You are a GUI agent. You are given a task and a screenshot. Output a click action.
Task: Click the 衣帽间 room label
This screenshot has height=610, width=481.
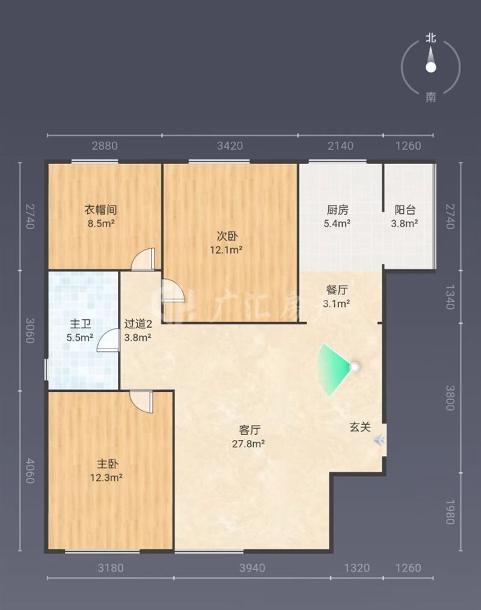[x=101, y=210]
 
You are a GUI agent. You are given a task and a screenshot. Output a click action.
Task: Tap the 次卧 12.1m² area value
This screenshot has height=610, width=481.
[x=226, y=250]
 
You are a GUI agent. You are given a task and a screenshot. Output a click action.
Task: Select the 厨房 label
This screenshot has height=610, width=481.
[x=337, y=210]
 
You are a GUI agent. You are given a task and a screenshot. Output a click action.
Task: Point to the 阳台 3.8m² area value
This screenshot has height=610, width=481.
[x=405, y=224]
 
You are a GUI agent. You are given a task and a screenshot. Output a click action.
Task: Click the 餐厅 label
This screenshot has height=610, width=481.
[x=337, y=290]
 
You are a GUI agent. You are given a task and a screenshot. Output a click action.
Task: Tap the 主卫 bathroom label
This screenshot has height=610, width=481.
[x=80, y=324]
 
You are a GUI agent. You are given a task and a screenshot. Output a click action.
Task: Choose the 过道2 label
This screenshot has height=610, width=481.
[x=138, y=324]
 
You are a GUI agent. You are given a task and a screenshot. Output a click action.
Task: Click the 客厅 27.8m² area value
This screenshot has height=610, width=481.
[x=249, y=444]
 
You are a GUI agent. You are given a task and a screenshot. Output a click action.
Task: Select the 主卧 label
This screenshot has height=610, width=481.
[x=107, y=464]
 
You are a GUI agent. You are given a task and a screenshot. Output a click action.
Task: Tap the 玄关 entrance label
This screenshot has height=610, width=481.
[x=360, y=427]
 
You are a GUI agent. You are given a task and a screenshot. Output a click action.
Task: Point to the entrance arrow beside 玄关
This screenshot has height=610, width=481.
[x=379, y=441]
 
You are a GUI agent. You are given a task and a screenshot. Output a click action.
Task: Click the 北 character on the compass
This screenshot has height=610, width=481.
[x=431, y=38]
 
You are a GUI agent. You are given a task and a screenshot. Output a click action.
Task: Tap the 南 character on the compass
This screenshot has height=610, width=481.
[x=431, y=97]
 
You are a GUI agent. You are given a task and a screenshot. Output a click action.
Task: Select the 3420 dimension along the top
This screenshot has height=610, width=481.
[x=230, y=146]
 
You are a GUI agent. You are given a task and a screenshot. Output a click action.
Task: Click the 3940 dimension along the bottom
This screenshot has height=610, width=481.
[x=252, y=568]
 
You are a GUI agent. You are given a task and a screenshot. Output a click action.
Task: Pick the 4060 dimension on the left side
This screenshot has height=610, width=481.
[x=30, y=471]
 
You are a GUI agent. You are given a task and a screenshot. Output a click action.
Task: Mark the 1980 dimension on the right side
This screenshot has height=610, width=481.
[x=450, y=512]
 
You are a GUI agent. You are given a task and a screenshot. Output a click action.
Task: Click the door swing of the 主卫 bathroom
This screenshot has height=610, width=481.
[x=108, y=340]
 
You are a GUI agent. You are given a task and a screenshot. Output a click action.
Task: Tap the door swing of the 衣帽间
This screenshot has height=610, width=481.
[x=143, y=259]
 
